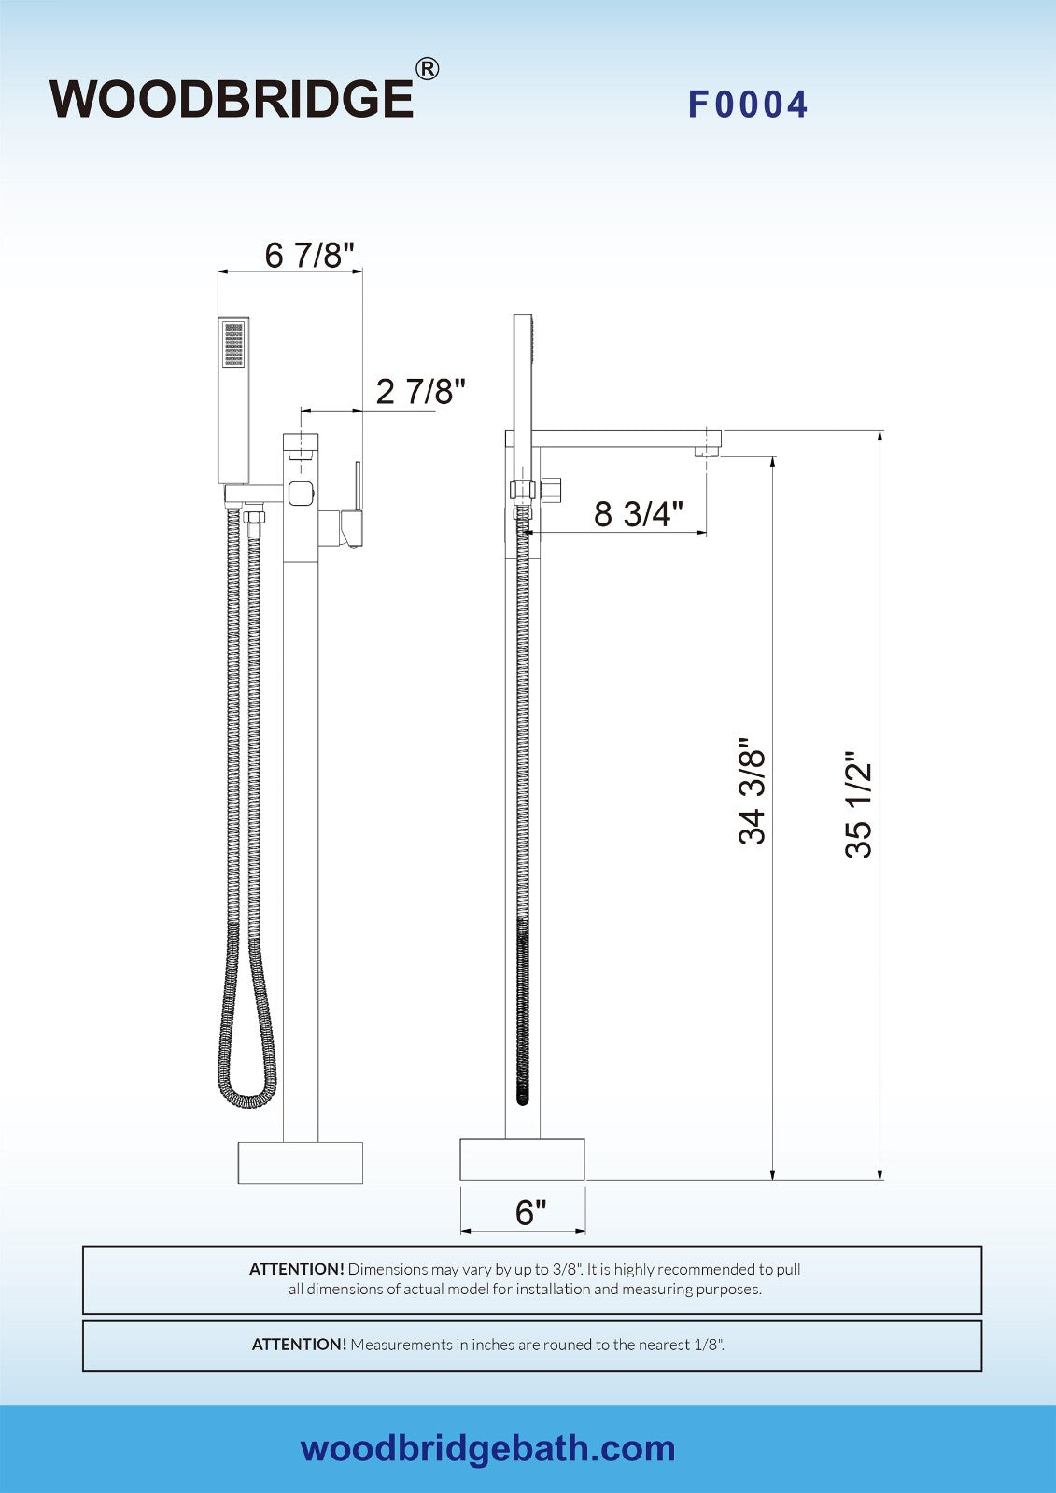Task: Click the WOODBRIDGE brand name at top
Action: [x=232, y=99]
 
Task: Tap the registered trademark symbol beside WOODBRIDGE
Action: [x=427, y=69]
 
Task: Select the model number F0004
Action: [x=748, y=105]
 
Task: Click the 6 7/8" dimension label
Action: [x=310, y=255]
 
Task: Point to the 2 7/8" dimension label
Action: [x=420, y=391]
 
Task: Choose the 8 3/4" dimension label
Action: [x=639, y=514]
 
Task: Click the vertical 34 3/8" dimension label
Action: [x=752, y=790]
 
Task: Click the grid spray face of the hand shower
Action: [x=233, y=344]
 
